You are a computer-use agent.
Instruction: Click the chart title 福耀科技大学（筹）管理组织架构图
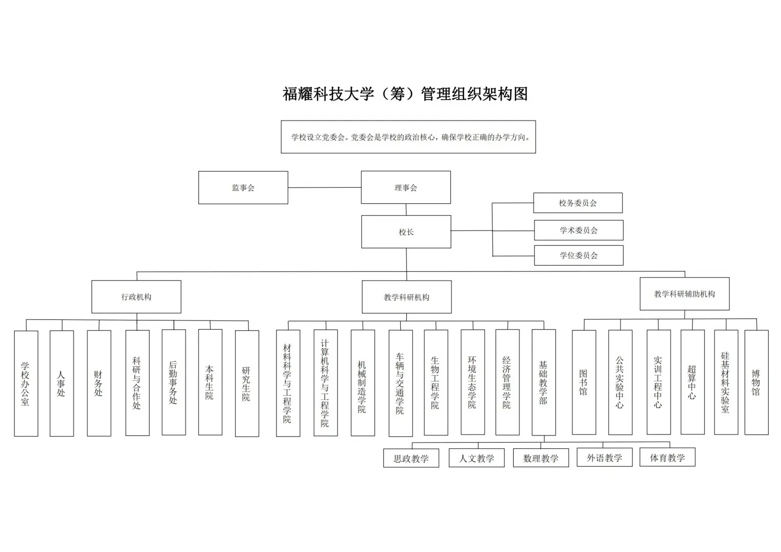405,94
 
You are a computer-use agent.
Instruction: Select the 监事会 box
243,188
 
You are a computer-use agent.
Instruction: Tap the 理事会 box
405,188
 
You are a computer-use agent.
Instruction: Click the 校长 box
406,232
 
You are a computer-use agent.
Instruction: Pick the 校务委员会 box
578,203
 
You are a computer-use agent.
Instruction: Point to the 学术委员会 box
579,230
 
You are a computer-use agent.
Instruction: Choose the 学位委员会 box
579,256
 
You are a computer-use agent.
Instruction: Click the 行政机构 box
136,297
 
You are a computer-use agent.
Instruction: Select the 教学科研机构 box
406,297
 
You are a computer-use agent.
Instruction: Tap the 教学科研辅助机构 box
684,294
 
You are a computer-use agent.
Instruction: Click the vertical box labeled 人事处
61,383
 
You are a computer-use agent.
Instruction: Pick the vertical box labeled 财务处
99,383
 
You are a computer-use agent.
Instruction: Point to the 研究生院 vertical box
247,383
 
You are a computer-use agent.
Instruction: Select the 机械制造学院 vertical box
362,383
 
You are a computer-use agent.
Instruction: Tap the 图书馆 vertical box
584,382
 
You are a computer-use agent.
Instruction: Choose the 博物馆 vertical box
756,382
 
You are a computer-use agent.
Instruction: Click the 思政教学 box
411,458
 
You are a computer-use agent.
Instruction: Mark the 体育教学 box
667,458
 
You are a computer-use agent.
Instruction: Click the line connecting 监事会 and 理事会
325,188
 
